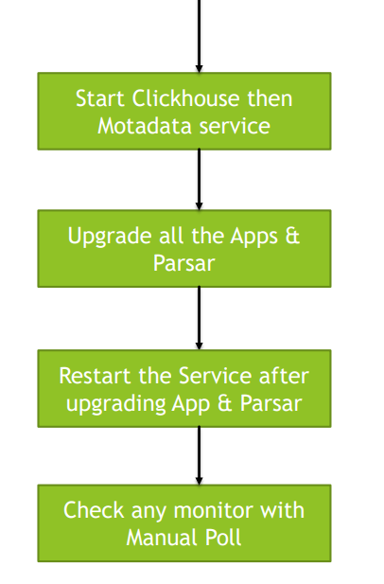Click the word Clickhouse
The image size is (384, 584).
(185, 98)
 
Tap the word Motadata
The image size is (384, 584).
(146, 126)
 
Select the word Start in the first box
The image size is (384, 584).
(100, 98)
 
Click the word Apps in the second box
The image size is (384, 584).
(254, 237)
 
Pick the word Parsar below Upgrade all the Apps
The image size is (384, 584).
(183, 263)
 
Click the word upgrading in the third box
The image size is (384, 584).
(116, 404)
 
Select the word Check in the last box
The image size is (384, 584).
(94, 510)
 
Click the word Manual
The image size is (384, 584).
(163, 538)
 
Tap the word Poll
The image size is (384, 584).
(223, 538)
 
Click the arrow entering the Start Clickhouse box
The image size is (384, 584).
(199, 36)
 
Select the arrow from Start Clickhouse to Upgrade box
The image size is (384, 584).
(199, 180)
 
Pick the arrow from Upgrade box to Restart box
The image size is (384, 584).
(199, 318)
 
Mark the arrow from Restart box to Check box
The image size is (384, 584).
(199, 455)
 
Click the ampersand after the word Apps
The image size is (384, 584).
(293, 236)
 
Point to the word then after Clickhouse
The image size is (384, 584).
(271, 98)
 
